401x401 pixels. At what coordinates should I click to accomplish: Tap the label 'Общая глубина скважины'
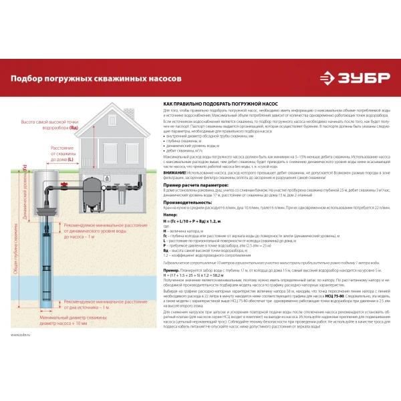pyautogui.click(x=9, y=240)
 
